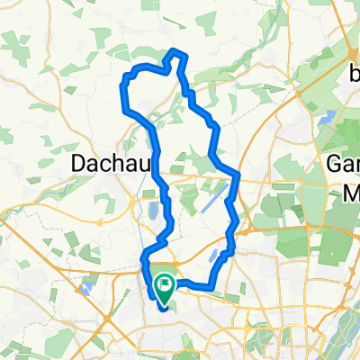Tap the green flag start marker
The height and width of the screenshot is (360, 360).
pos(166,286)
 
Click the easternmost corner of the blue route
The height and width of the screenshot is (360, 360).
pos(238,173)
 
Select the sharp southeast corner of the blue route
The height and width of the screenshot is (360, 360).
pos(212,288)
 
